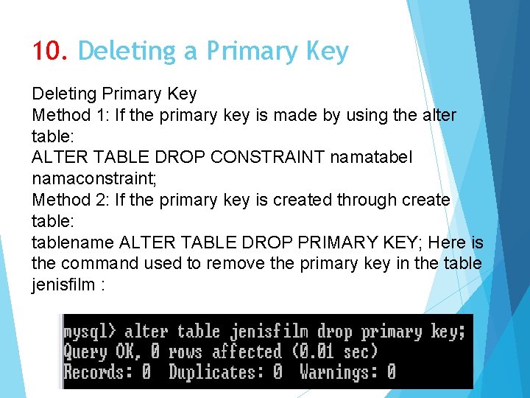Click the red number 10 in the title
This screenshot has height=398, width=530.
point(49,52)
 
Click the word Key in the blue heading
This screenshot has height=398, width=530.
point(325,52)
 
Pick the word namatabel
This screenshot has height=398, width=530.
point(372,158)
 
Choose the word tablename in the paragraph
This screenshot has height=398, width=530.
point(72,242)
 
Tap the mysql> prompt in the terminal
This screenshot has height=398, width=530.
point(90,332)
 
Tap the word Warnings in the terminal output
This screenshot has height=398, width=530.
point(339,371)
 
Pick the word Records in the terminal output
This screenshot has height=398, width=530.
point(94,371)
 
